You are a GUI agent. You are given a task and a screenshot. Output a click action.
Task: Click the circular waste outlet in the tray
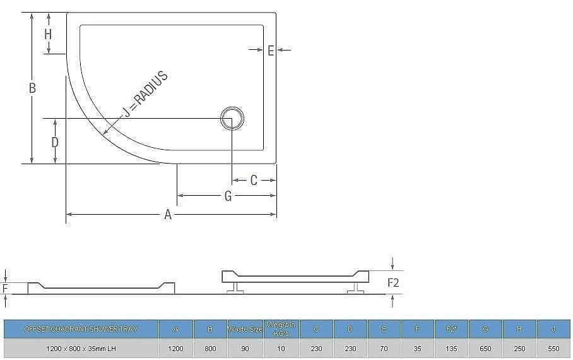tap(232, 118)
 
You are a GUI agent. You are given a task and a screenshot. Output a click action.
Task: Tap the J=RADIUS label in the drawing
tap(145, 95)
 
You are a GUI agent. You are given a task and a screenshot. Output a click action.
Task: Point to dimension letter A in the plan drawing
tap(168, 215)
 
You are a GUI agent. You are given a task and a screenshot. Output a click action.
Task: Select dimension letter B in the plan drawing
tap(32, 88)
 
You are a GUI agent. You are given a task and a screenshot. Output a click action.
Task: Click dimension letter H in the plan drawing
tap(48, 34)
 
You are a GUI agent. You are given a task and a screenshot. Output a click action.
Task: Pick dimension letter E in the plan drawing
tap(270, 51)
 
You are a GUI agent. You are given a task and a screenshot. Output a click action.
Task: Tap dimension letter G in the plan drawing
tap(228, 196)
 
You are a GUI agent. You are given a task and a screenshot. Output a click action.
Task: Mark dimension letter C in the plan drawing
tap(254, 181)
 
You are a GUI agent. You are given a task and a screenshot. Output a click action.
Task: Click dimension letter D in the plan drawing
tap(55, 142)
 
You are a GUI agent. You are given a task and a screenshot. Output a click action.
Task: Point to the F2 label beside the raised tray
tap(393, 282)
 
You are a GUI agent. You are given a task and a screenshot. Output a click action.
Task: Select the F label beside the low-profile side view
tap(5, 290)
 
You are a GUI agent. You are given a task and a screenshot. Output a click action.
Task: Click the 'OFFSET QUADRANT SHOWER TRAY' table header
tap(80, 329)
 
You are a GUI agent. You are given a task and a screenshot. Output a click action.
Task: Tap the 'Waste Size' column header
tap(244, 329)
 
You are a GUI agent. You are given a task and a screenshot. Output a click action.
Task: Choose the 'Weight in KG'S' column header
tap(281, 329)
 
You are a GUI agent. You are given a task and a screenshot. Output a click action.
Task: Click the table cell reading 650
tap(485, 349)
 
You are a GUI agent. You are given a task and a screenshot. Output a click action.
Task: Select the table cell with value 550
tap(553, 349)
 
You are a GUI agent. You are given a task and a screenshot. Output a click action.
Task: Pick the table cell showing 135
tap(451, 349)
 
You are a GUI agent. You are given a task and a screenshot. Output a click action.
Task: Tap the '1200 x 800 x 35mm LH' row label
tap(80, 349)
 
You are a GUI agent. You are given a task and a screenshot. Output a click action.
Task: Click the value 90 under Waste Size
tap(244, 349)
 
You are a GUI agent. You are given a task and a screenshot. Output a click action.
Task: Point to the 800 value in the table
tap(210, 349)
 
